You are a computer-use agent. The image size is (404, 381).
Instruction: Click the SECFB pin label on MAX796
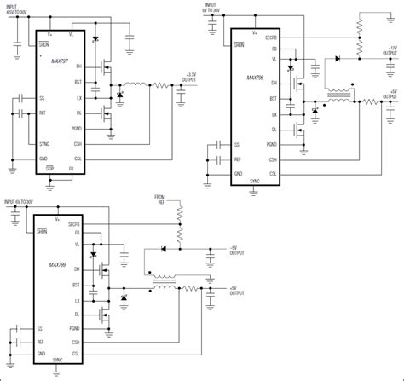tap(270, 37)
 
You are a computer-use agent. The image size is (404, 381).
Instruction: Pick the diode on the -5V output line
tap(162, 249)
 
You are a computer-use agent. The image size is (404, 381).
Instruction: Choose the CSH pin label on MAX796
tap(272, 159)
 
